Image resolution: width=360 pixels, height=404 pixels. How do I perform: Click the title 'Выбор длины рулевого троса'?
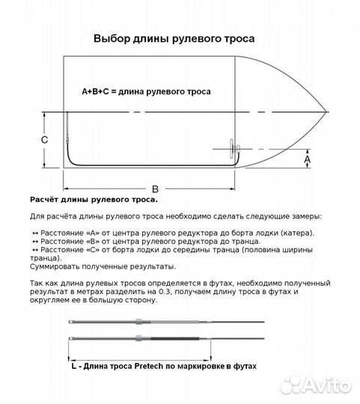pyautogui.click(x=173, y=38)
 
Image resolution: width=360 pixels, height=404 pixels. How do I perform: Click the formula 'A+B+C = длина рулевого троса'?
pyautogui.click(x=146, y=91)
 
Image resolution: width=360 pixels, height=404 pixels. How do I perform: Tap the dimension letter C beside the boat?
pyautogui.click(x=45, y=141)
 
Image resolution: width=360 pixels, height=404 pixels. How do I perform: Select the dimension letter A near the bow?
pyautogui.click(x=307, y=159)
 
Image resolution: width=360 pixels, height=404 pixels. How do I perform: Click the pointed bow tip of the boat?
pyautogui.click(x=326, y=114)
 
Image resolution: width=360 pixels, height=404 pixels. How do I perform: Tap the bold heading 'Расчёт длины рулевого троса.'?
pyautogui.click(x=94, y=201)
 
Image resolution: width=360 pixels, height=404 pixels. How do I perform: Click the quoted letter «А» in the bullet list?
pyautogui.click(x=92, y=233)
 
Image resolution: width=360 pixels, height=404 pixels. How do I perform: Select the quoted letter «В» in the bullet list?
pyautogui.click(x=92, y=242)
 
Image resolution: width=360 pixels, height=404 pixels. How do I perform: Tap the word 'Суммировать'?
pyautogui.click(x=59, y=266)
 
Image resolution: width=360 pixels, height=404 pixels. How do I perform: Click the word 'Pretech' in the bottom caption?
pyautogui.click(x=159, y=367)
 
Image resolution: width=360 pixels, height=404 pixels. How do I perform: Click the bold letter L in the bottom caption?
pyautogui.click(x=73, y=367)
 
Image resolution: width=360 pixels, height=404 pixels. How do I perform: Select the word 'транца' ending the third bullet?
pyautogui.click(x=46, y=258)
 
